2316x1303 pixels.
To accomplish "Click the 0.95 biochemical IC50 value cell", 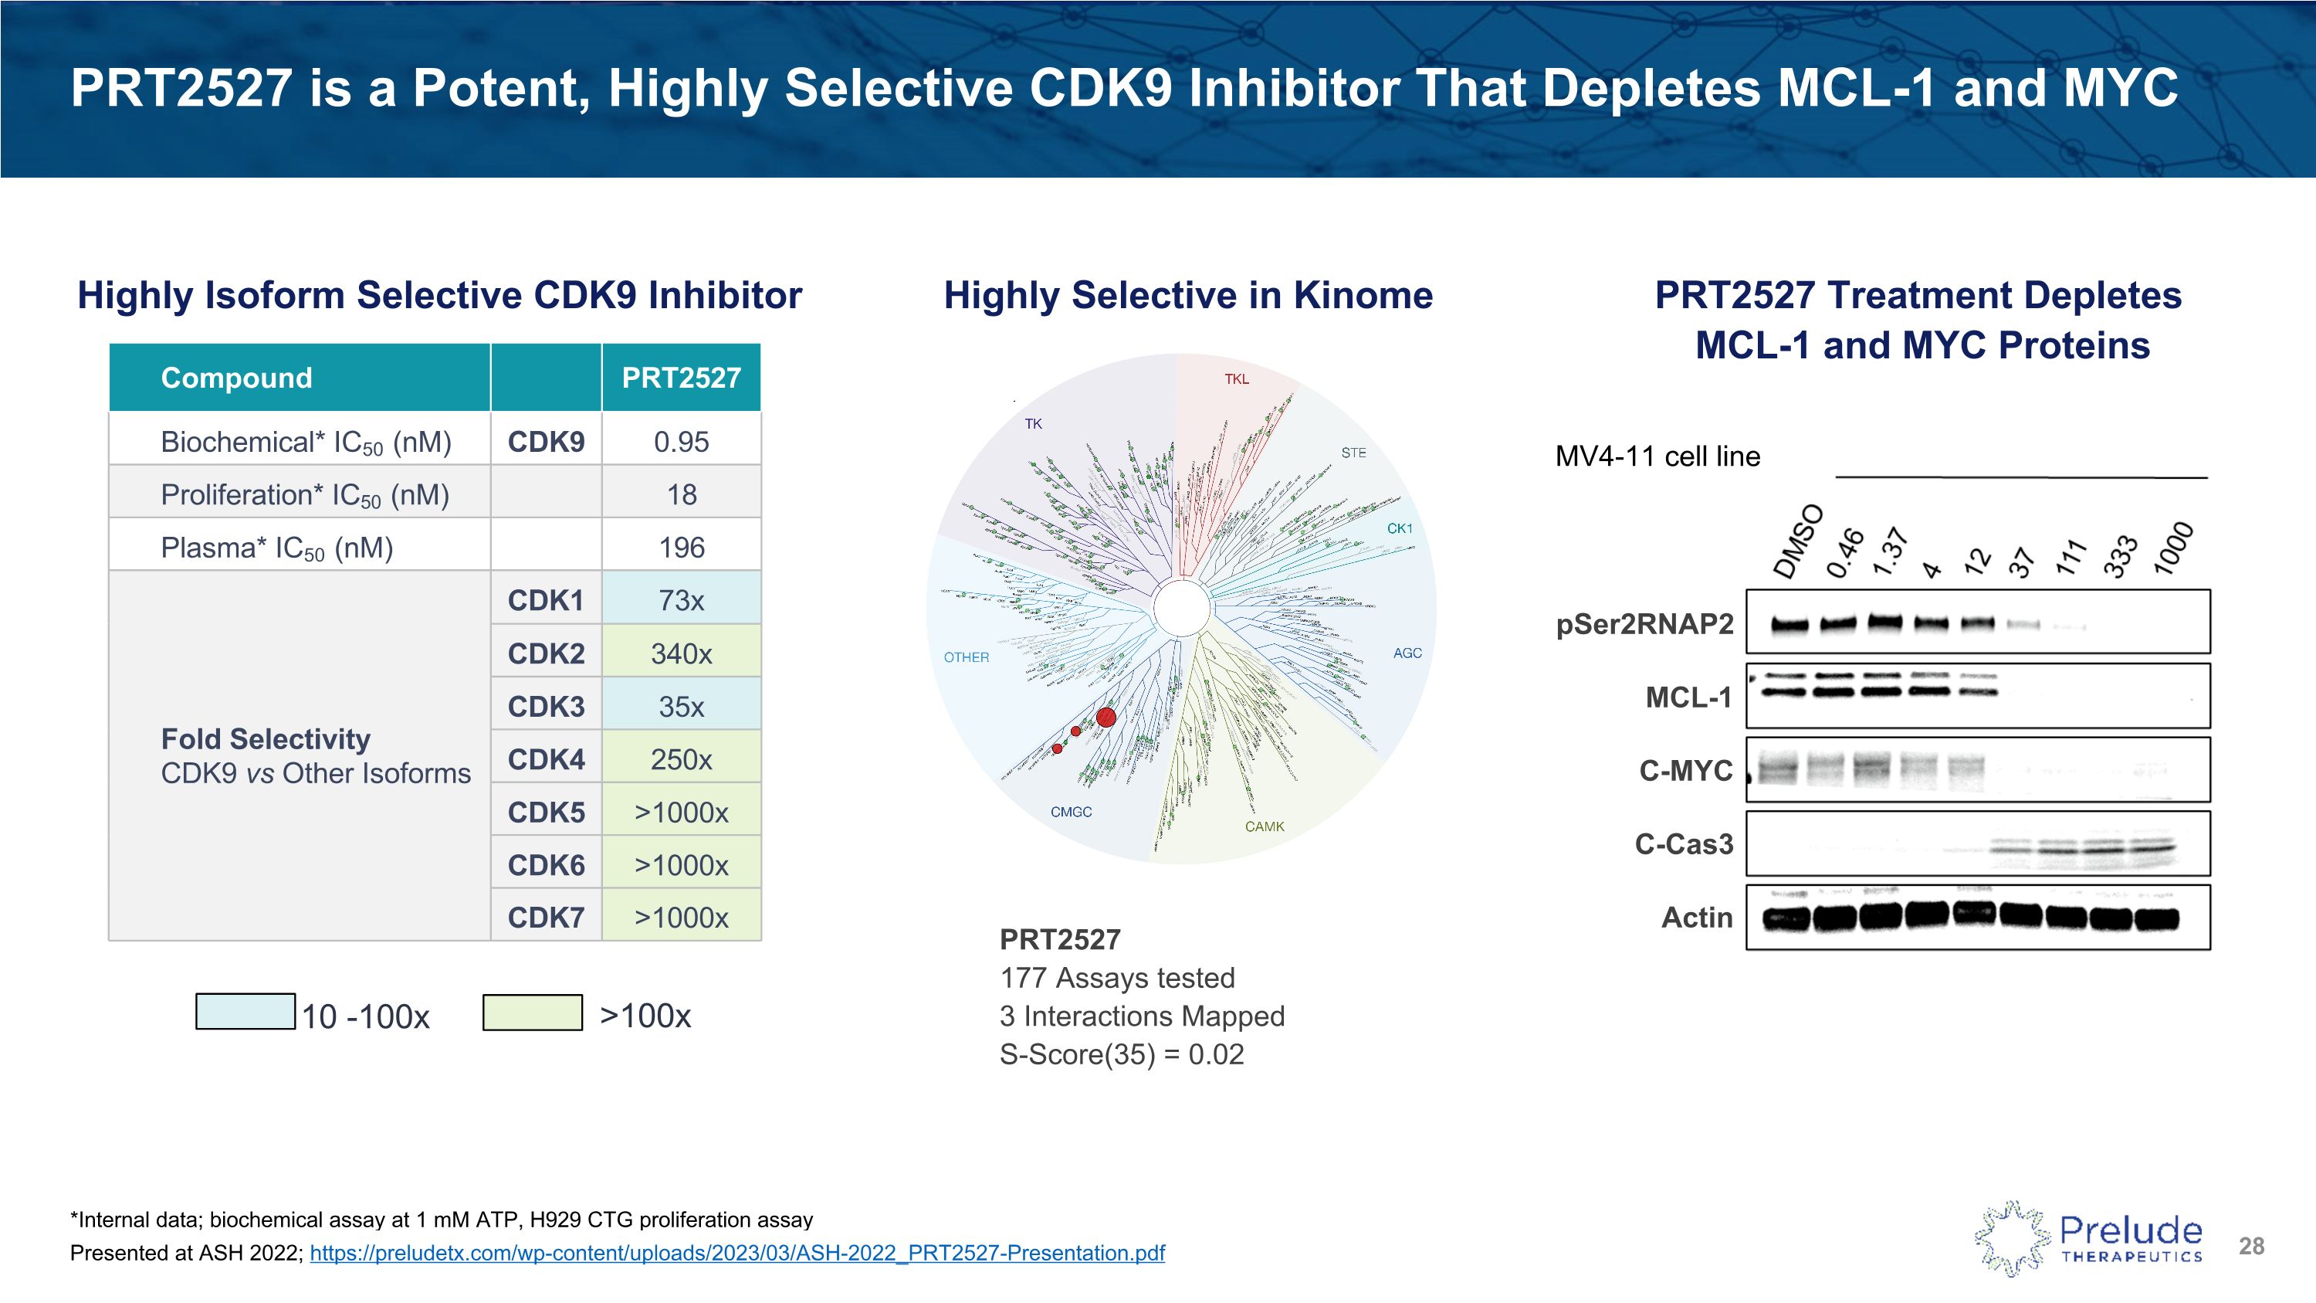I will [681, 442].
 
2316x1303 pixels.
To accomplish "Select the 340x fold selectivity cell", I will [681, 653].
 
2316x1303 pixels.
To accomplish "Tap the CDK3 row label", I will [546, 707].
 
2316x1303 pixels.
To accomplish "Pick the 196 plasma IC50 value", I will [681, 548].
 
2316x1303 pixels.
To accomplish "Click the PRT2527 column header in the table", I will [681, 378].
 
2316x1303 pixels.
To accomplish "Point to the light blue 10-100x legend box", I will [245, 1012].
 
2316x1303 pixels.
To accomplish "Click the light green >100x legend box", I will [532, 1013].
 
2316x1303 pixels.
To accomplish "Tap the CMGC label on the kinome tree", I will [1071, 812].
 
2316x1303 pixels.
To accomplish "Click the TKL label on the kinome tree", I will [1236, 379].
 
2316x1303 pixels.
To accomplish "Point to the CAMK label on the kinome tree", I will [1264, 827].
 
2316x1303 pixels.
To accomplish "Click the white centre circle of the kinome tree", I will [1180, 609].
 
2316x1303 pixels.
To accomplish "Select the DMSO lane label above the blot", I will [1797, 541].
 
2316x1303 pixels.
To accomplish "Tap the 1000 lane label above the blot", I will [2174, 548].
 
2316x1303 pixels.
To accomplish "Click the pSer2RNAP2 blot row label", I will [1644, 624].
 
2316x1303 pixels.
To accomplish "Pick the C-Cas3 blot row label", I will [1683, 844].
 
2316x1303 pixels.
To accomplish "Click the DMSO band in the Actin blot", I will [1786, 919].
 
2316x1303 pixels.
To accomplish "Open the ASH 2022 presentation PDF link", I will [737, 1253].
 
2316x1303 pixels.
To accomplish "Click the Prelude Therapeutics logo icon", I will [2012, 1238].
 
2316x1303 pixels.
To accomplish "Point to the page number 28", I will [2251, 1247].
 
